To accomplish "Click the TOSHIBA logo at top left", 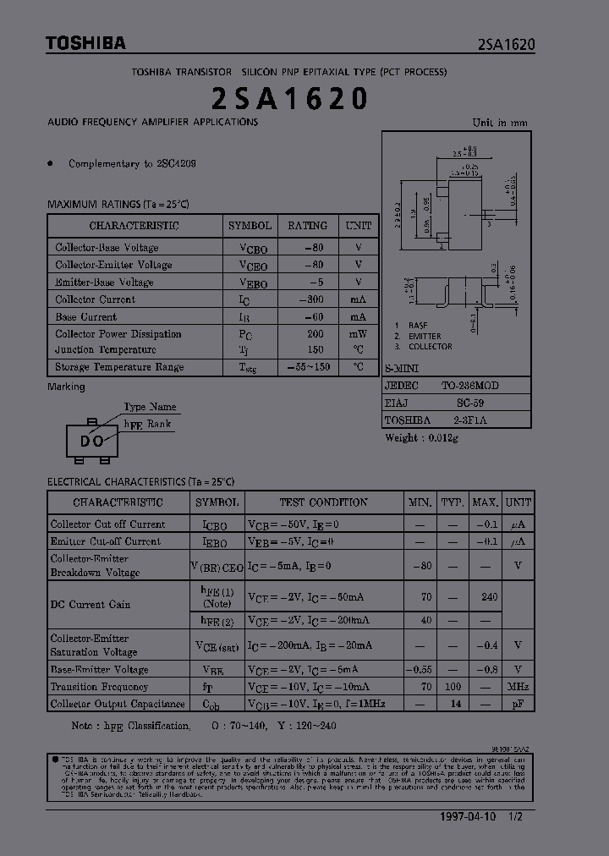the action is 85,43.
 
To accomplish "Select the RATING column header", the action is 307,226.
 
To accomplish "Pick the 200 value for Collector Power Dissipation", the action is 315,334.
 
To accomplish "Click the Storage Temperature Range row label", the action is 119,367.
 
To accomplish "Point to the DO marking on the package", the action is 91,441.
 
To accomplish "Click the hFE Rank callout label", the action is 147,425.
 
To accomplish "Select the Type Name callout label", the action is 151,407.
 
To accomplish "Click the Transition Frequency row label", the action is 99,687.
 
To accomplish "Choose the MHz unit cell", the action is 518,687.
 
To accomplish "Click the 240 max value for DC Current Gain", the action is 488,597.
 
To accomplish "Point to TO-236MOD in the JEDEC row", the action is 469,385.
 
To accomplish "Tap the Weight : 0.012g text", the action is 421,437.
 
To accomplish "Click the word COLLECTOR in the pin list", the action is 430,347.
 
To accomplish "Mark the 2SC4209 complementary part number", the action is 176,164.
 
